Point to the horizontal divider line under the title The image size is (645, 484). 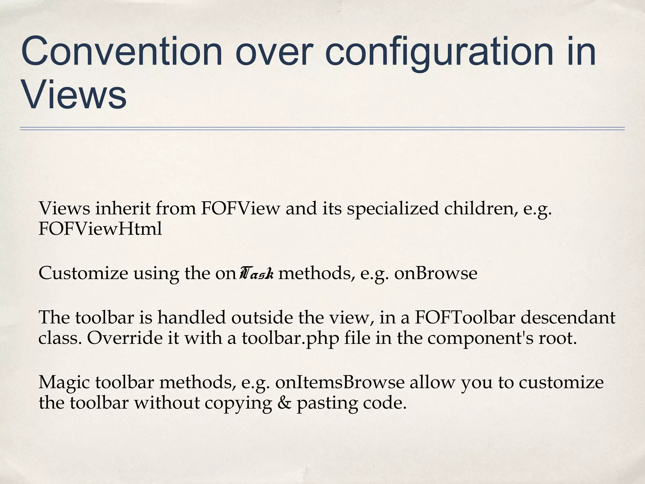322,129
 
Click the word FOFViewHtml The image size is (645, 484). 100,229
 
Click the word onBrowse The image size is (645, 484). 436,273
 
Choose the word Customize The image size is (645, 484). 83,273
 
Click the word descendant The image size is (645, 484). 568,317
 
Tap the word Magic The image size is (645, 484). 65,383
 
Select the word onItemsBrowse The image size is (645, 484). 340,383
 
